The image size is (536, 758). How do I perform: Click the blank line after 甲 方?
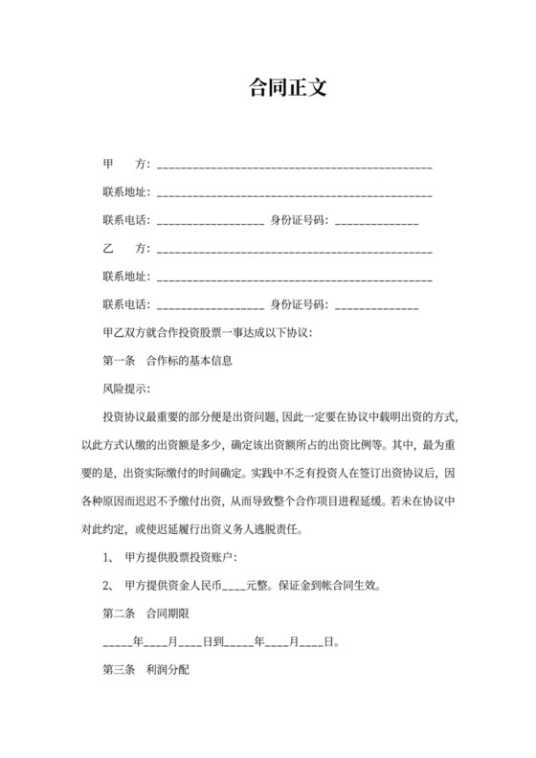coord(294,167)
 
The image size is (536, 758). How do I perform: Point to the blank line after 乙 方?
coord(294,251)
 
